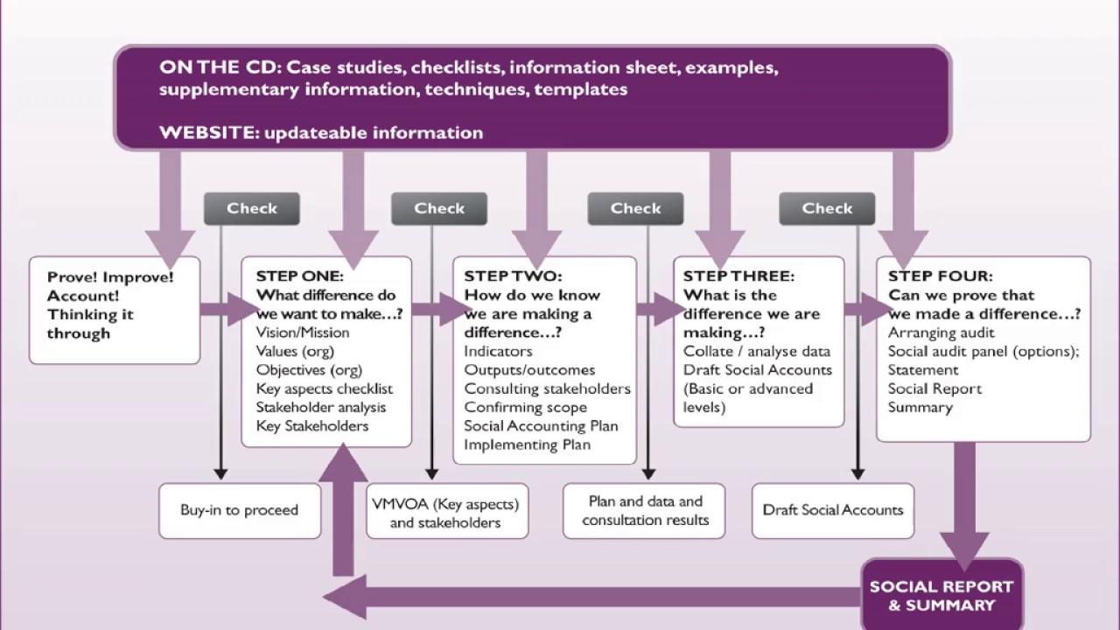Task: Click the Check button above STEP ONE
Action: [x=252, y=208]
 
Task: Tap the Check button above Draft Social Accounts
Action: [x=827, y=208]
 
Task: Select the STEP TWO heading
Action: [x=513, y=276]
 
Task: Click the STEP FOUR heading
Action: [x=941, y=276]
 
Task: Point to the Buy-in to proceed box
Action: [x=239, y=510]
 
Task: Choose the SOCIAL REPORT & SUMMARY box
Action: [x=941, y=595]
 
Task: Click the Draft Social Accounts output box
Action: [x=832, y=510]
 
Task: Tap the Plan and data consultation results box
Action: [x=645, y=511]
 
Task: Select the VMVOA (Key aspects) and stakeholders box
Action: [x=445, y=513]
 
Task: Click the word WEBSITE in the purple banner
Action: [x=207, y=133]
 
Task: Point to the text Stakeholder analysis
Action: [x=320, y=407]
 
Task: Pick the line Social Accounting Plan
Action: [x=541, y=426]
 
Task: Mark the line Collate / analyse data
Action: [x=757, y=351]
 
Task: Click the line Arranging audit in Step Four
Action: [x=941, y=332]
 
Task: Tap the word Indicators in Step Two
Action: [x=498, y=351]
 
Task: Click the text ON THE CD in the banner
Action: [x=219, y=67]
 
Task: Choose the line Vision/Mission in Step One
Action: [x=303, y=332]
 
